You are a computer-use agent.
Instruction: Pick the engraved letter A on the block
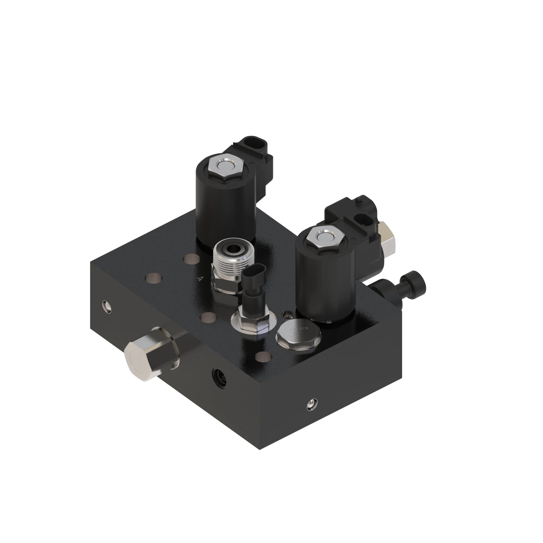click(x=200, y=279)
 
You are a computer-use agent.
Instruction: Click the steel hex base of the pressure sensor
click(x=250, y=321)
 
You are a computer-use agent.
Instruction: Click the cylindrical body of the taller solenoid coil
click(x=225, y=209)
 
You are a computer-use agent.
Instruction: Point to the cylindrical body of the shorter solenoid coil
click(x=323, y=284)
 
